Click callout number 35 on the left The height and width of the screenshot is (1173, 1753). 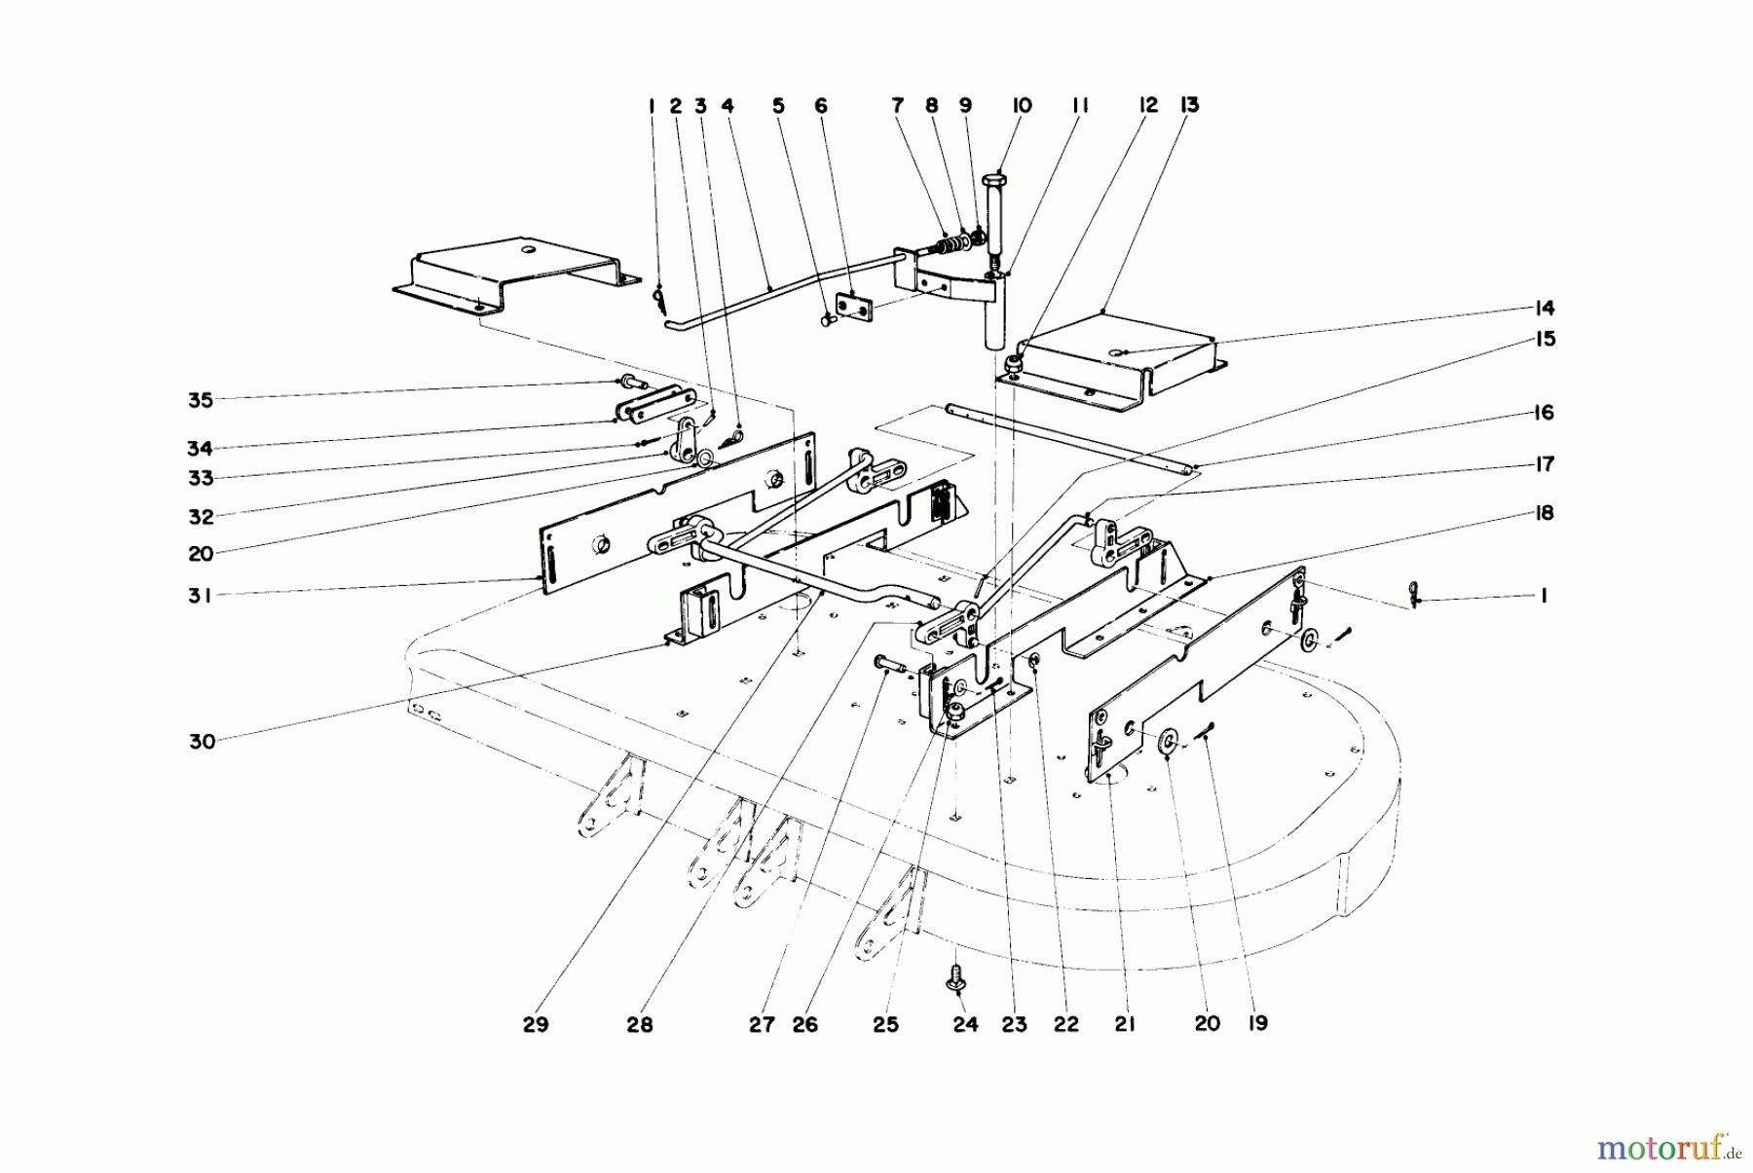tap(200, 399)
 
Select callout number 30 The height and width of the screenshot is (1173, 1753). tap(202, 742)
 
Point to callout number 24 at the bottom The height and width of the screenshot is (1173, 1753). tap(964, 1025)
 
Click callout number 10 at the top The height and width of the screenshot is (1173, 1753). tap(1022, 106)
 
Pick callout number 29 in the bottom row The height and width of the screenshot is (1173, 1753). tap(536, 1025)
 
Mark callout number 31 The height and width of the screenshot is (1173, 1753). tap(200, 595)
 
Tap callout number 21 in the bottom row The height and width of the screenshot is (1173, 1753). tap(1125, 1025)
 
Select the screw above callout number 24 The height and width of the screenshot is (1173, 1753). tap(955, 976)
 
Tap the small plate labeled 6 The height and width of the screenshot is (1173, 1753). tap(857, 306)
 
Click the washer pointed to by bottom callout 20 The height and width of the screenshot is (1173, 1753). tap(1165, 745)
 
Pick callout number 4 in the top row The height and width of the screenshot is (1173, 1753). tap(727, 106)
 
